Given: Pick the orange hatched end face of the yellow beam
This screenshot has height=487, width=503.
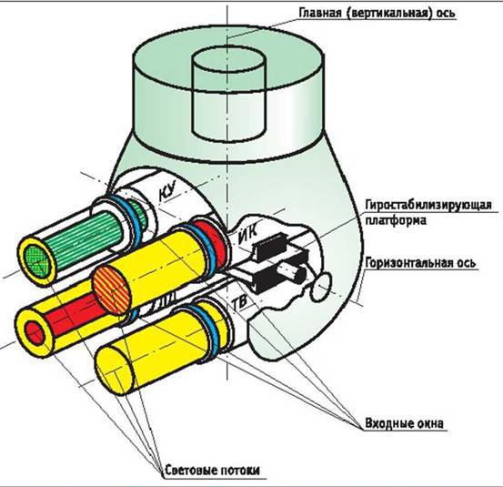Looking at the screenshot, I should point(114,290).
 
